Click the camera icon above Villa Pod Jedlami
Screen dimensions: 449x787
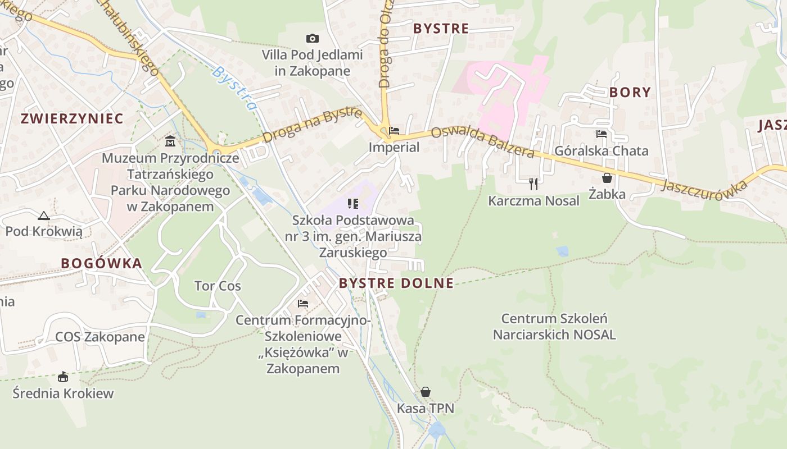313,38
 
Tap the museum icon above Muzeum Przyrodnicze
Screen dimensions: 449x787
170,141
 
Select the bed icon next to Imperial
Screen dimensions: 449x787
394,131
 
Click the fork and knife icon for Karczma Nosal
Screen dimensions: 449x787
533,183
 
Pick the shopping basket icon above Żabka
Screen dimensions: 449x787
607,178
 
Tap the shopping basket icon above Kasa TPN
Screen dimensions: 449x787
426,391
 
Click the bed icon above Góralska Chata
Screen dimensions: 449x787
601,134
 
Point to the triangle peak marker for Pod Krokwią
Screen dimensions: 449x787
44,216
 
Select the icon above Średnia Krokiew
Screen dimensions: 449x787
63,377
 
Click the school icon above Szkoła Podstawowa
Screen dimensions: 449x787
353,203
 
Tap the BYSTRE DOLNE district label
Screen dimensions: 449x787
396,283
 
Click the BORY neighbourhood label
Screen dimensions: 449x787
630,93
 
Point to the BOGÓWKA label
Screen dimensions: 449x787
101,263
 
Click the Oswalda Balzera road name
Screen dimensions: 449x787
483,143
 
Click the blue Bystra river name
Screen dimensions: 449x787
235,88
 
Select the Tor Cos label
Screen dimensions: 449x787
218,286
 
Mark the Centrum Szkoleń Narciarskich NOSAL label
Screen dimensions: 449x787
554,327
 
